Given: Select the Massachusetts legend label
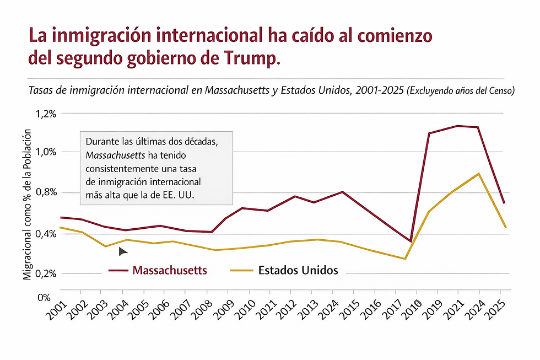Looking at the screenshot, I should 170,270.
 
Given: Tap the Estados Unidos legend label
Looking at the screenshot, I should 298,270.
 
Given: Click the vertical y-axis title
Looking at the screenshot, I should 27,205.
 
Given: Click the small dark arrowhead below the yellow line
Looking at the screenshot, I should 123,251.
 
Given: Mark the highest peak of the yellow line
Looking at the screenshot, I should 479,174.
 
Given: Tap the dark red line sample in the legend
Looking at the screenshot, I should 118,270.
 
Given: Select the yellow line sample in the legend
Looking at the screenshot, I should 241,270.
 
